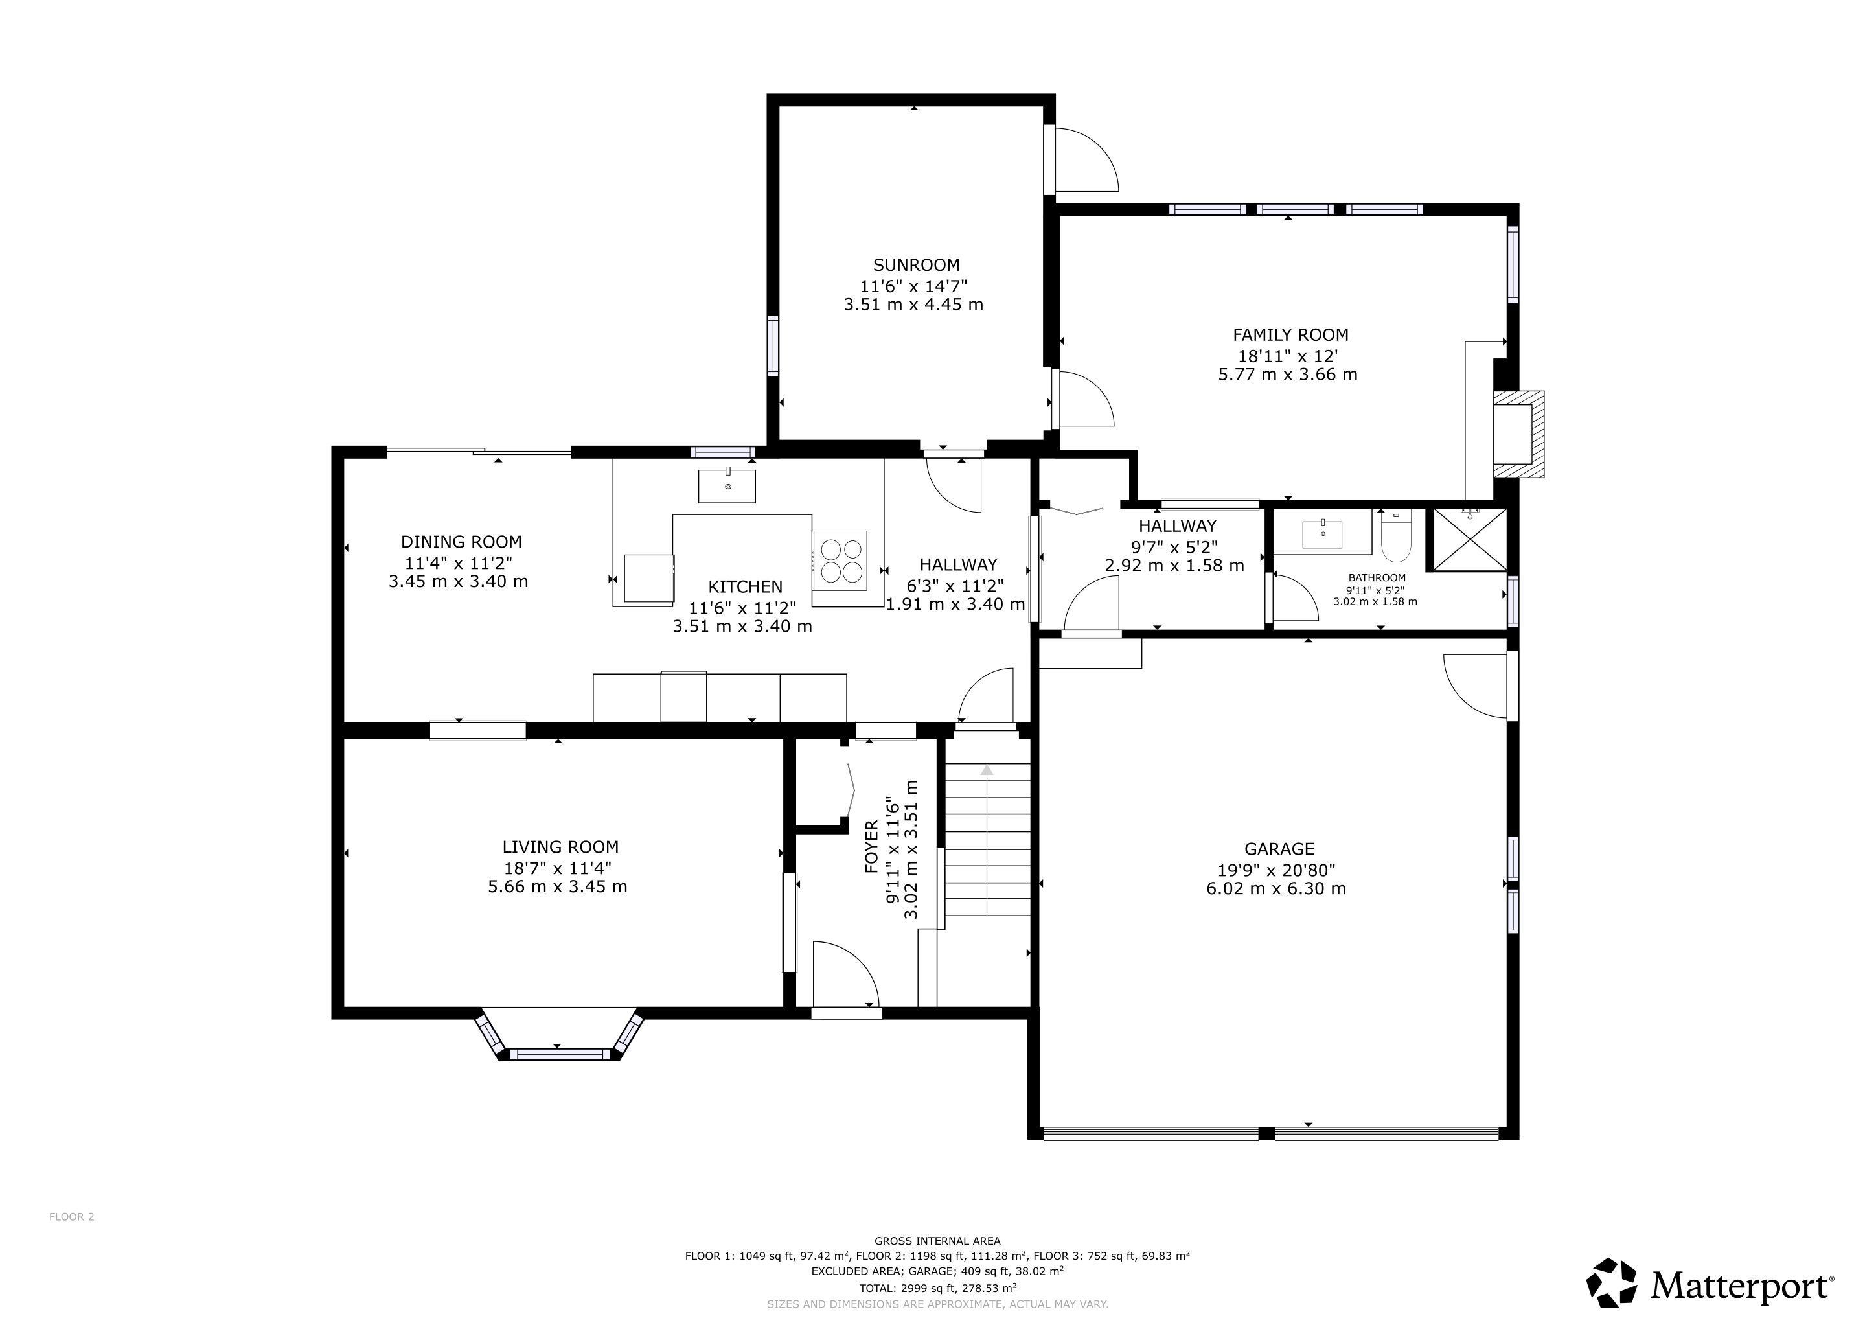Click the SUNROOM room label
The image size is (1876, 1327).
tap(916, 265)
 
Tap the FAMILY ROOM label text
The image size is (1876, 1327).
tap(1290, 335)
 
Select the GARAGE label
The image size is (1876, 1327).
tap(1279, 849)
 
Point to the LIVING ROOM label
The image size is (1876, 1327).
tap(560, 848)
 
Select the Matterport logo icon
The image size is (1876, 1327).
tap(1611, 1282)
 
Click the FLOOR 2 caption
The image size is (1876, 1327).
tap(72, 1217)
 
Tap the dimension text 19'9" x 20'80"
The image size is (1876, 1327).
tap(1276, 870)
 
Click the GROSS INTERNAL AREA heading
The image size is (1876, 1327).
tap(937, 1240)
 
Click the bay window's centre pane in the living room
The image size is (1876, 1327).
tap(560, 1055)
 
